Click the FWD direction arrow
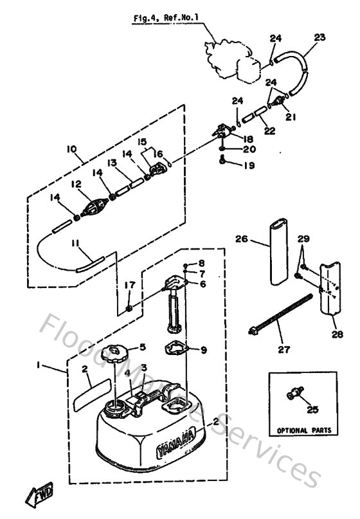[x=38, y=496]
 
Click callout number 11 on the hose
[x=76, y=242]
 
